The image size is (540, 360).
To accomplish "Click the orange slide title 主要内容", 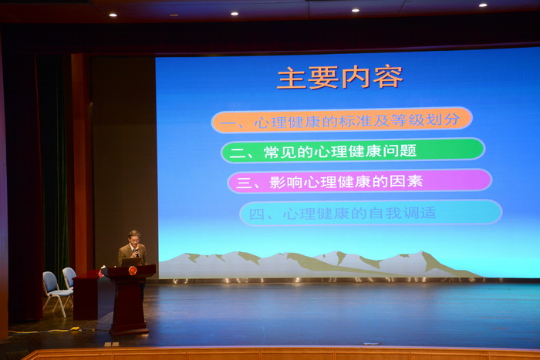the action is pos(339,77).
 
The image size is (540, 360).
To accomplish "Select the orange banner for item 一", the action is pos(342,119).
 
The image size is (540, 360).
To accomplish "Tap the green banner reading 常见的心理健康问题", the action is pos(353,150).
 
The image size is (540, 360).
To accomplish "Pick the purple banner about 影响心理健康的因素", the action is pos(359,180).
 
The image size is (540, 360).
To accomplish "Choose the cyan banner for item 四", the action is pos(371,213).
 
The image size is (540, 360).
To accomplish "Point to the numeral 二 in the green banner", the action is pos(238,152).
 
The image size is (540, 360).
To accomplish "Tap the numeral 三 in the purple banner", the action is pos(245,183).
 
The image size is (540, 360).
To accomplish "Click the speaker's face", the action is pos(134,238).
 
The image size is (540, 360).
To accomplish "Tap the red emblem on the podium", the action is pos(133,270).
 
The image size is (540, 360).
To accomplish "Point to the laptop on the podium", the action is pos(131,262).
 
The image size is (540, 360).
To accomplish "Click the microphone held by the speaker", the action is pos(137,252).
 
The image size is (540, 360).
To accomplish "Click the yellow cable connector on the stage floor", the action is pos(76,328).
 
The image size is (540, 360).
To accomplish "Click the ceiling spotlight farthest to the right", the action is pos(483,5).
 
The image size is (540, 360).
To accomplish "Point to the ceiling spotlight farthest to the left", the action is pos(113,15).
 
